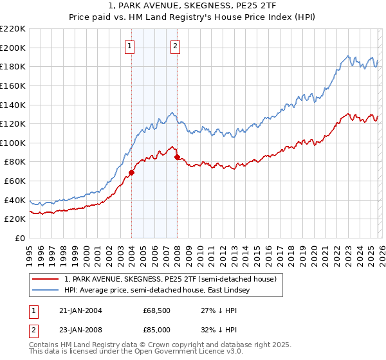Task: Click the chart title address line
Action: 193,6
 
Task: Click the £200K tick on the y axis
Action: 13,48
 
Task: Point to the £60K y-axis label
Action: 15,181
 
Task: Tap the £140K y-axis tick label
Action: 13,105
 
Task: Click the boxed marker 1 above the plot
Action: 131,46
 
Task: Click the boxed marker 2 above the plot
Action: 176,46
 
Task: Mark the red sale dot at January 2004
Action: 131,172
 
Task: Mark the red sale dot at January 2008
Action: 177,157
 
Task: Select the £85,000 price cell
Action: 156,329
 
